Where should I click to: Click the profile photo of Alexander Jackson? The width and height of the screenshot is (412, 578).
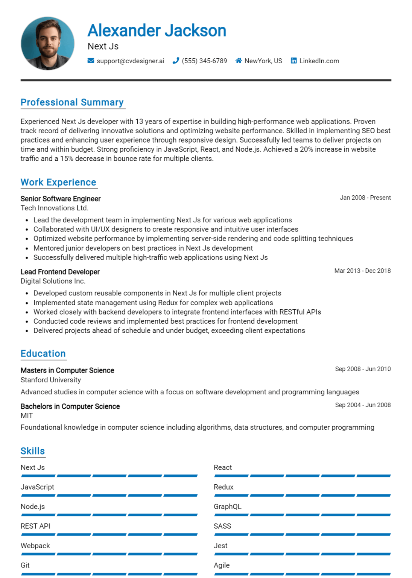click(47, 43)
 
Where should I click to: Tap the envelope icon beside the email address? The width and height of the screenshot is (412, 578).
click(91, 61)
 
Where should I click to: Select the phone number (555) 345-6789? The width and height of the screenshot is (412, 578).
click(204, 61)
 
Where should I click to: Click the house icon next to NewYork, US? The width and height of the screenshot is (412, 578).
click(239, 61)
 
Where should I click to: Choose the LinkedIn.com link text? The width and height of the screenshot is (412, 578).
click(319, 61)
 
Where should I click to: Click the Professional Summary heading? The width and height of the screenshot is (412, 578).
click(72, 102)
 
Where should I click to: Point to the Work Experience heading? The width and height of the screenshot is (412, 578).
click(58, 182)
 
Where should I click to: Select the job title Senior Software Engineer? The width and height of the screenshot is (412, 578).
click(61, 199)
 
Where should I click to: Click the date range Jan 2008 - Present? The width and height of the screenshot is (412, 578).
click(365, 198)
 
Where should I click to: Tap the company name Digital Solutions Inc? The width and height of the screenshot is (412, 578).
click(53, 281)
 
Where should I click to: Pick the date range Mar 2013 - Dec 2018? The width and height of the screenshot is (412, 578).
click(362, 271)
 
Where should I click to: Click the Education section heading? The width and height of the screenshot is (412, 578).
click(43, 354)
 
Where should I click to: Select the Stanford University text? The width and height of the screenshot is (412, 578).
click(51, 380)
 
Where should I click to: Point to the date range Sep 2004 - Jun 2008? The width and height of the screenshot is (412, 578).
click(363, 405)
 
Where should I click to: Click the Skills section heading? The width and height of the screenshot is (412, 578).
click(33, 451)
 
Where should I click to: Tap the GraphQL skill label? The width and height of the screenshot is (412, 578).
click(227, 507)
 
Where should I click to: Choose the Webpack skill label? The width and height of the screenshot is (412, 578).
click(35, 546)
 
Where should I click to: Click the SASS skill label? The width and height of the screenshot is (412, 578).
click(222, 526)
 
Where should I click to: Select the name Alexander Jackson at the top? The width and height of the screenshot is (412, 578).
click(157, 31)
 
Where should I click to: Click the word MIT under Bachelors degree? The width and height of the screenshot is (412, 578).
click(27, 415)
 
